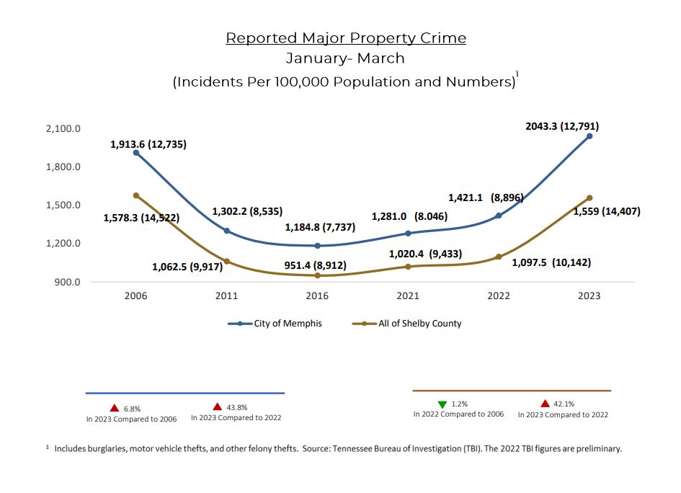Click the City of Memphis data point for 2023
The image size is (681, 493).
(x=589, y=136)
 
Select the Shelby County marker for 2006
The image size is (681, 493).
(x=135, y=195)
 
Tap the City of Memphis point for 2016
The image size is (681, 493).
(x=317, y=246)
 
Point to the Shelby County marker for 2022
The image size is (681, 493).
(x=499, y=257)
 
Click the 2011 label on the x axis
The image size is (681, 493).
(x=226, y=296)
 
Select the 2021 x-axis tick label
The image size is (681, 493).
(x=408, y=296)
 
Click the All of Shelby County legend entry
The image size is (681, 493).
(x=407, y=324)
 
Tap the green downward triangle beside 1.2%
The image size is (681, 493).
(x=442, y=404)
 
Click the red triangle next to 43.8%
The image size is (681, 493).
(x=217, y=407)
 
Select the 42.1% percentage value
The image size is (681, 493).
(x=564, y=404)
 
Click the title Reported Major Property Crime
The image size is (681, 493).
(x=346, y=38)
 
